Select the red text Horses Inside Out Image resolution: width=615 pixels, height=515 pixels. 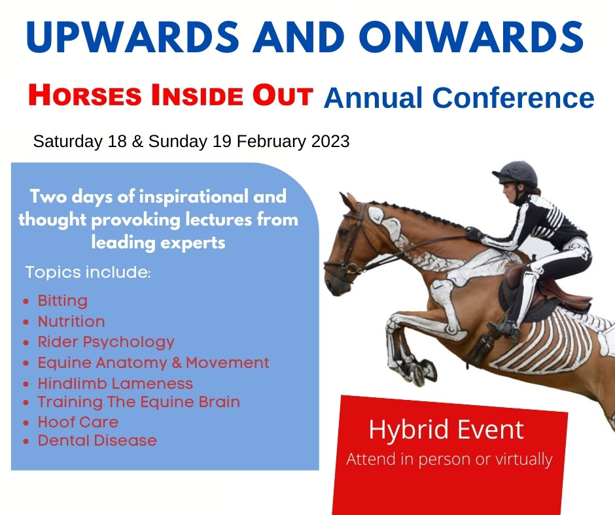[171, 95]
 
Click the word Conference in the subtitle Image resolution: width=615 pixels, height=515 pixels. [513, 97]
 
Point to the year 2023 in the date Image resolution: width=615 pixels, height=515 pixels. [330, 141]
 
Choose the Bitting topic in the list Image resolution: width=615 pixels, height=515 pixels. [62, 301]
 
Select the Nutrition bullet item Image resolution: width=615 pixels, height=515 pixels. [71, 322]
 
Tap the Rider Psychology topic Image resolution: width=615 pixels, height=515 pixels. [106, 342]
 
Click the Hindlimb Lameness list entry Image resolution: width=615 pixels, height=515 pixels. [115, 384]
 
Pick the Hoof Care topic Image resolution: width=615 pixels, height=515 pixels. [78, 422]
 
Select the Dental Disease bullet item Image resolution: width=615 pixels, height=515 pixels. [97, 440]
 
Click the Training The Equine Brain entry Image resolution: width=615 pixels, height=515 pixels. [139, 402]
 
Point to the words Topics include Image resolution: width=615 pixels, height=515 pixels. [88, 273]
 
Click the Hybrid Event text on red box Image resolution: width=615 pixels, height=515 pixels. [446, 430]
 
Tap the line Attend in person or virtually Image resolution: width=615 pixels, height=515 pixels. [449, 459]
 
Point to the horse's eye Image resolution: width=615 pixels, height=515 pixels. [344, 233]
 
